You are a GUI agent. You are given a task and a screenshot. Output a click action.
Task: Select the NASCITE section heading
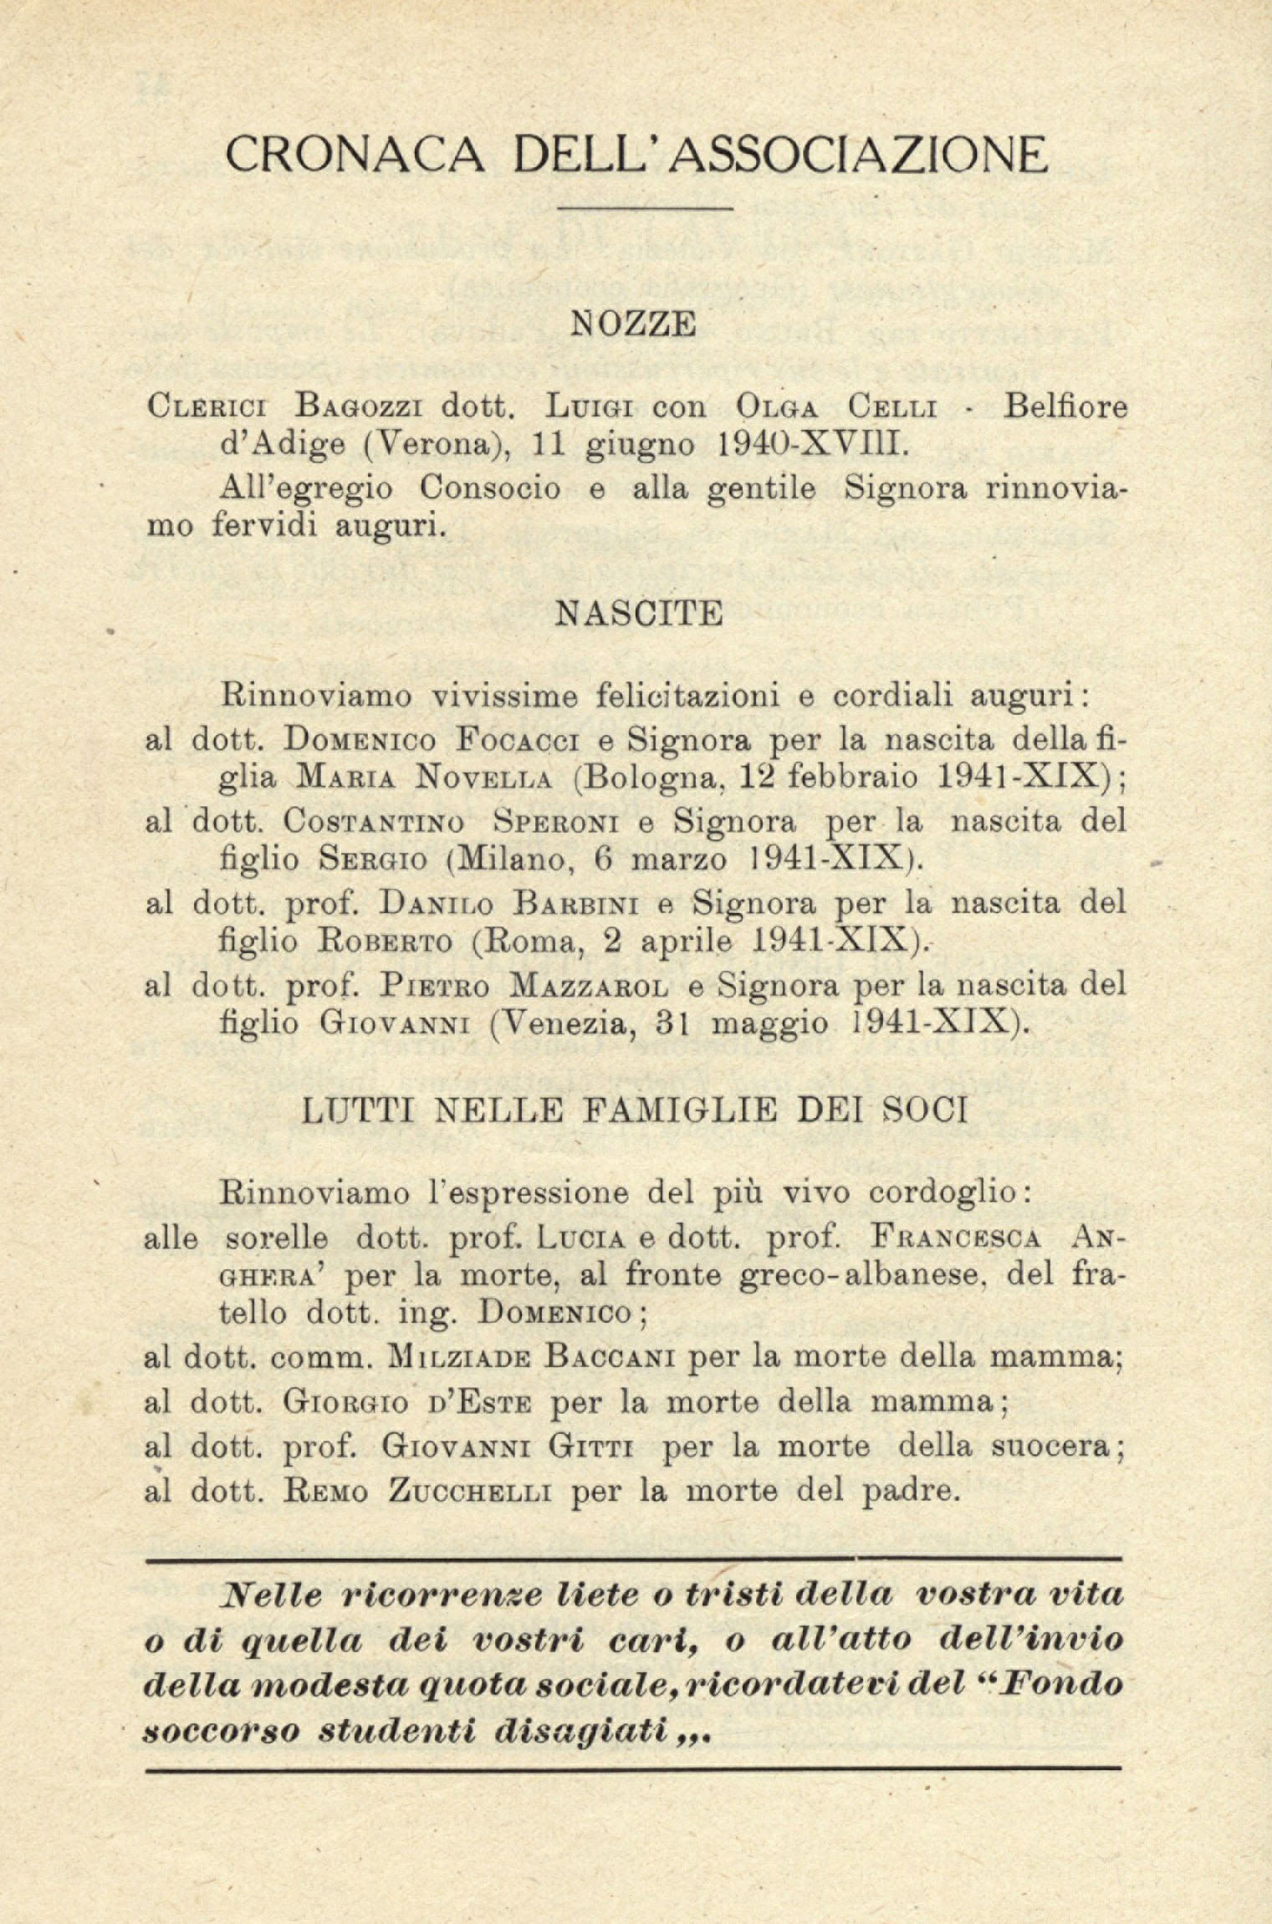pos(638,615)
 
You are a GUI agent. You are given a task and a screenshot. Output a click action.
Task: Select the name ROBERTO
pos(386,942)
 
